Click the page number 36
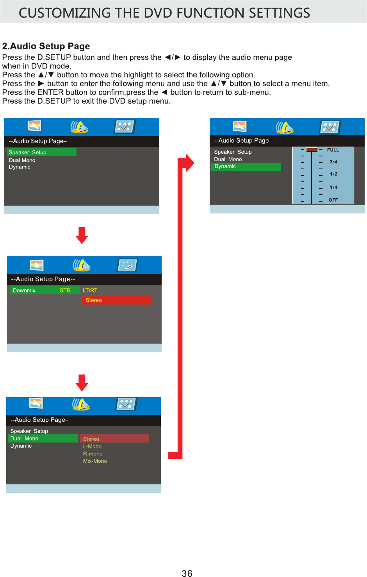coord(187,573)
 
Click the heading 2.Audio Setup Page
coord(46,46)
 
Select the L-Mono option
coord(92,446)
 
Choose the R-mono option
coord(93,454)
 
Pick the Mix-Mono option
coord(95,461)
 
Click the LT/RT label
coord(90,290)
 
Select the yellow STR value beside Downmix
coord(65,290)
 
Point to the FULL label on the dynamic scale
coord(333,150)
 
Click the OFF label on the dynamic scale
coord(333,200)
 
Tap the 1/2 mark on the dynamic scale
coord(333,174)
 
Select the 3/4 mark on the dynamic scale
coord(333,162)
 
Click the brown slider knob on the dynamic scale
coord(312,150)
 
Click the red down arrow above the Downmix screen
coord(82,235)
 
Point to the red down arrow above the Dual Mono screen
coord(82,383)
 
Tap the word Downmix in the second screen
coord(24,290)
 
